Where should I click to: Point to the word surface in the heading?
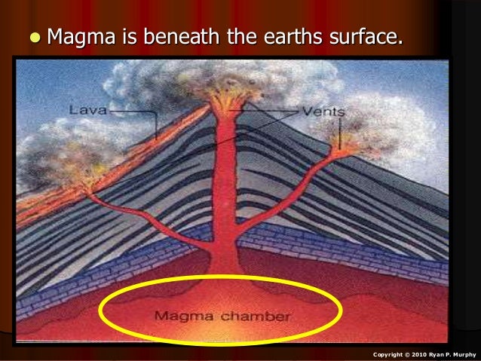[360, 34]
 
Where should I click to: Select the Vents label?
[323, 112]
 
